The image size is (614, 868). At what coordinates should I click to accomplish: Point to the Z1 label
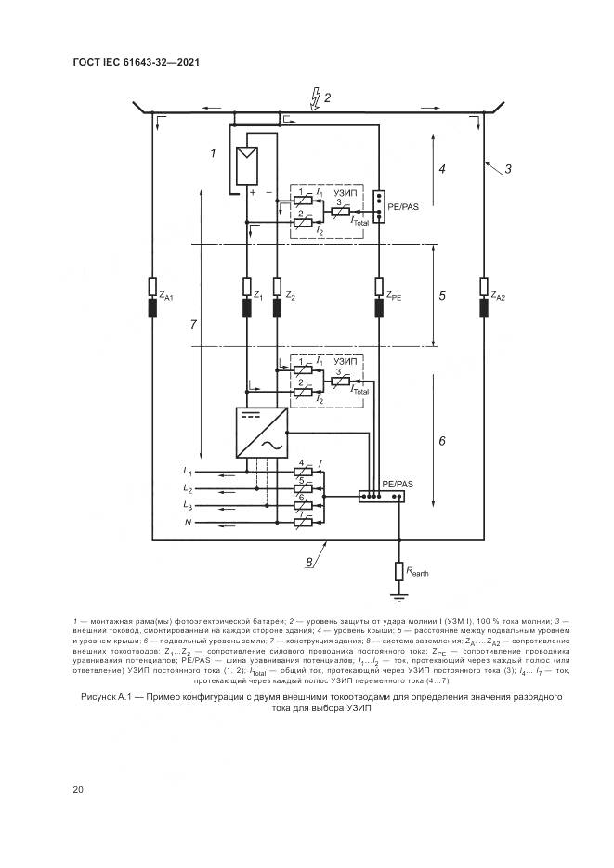[259, 297]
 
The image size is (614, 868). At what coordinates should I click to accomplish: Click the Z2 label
[292, 297]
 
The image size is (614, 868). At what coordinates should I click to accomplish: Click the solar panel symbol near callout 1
[248, 166]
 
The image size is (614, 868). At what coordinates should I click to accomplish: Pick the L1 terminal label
[189, 472]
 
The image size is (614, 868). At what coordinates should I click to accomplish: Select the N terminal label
[189, 525]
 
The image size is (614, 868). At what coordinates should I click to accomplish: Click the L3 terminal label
[189, 506]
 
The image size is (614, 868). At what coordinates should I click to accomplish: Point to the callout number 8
[308, 561]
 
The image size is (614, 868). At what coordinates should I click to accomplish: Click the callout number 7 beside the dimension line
[191, 325]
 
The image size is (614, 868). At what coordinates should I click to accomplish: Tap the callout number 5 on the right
[442, 296]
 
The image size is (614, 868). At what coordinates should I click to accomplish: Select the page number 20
[78, 789]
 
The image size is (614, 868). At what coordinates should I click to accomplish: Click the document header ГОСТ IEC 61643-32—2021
[137, 62]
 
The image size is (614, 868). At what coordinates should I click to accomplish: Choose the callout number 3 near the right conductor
[508, 169]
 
